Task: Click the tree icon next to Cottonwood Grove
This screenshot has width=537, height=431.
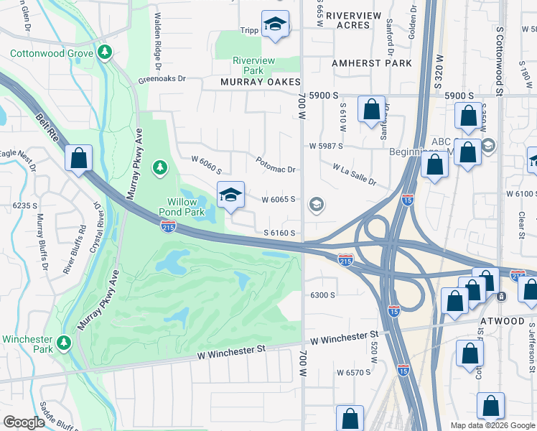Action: point(106,52)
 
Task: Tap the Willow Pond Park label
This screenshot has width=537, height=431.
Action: point(187,207)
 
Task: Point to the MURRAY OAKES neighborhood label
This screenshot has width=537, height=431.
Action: point(260,82)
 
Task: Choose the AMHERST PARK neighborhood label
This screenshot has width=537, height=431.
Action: point(372,63)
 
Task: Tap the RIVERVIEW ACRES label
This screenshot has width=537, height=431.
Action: point(347,19)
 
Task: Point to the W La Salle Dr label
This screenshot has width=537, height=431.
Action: point(354,174)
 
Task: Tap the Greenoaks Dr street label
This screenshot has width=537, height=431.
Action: point(162,79)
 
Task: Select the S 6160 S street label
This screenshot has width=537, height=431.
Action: point(280,233)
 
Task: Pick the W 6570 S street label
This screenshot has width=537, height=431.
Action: point(353,372)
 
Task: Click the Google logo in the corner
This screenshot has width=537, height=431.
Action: point(24,422)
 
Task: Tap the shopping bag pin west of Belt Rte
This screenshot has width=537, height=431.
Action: point(78,159)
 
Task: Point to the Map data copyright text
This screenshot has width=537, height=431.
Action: point(492,425)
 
